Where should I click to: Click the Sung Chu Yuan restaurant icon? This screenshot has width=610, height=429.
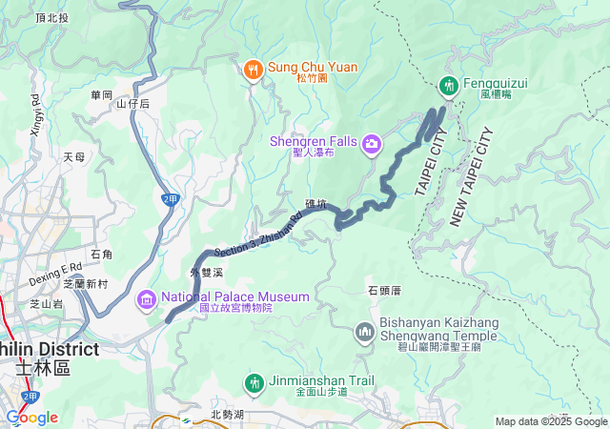[253, 69]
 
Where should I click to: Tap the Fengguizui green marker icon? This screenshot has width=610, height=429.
[448, 87]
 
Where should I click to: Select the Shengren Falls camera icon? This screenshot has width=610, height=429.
[372, 145]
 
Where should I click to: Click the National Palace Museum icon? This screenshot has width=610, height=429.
[147, 300]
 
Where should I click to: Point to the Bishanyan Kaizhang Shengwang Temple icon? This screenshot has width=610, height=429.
[364, 332]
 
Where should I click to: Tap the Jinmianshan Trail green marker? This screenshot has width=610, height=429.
[254, 383]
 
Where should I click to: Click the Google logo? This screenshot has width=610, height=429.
[31, 418]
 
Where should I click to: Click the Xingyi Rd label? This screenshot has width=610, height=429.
[36, 115]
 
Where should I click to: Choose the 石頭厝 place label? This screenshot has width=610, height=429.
[382, 290]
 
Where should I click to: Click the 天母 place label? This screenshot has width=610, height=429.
[73, 156]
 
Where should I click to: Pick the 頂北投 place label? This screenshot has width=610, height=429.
[51, 18]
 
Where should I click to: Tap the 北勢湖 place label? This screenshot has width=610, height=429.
[228, 415]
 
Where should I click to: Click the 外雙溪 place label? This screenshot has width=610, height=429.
[206, 273]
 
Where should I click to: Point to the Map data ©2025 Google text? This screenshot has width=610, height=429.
[551, 421]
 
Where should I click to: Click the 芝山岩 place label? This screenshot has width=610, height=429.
[46, 304]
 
